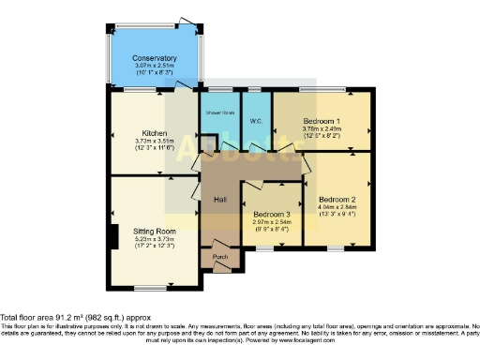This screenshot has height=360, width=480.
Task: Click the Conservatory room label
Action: pos(154,57)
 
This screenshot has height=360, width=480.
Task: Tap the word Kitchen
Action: pos(154,132)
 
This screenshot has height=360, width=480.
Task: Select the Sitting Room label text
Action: pos(154,230)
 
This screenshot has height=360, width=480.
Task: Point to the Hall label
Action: pos(221,201)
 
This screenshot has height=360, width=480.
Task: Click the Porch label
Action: pos(221,257)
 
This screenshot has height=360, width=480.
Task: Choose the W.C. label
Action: pos(255,122)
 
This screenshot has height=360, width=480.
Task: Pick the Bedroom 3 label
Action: pos(272,215)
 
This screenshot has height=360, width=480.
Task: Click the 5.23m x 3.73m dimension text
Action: pos(154,238)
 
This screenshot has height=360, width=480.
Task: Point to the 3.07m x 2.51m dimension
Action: pos(154,66)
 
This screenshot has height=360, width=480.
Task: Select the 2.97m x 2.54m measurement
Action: pos(272,223)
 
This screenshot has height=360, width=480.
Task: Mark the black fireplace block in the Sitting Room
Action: pos(113,235)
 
